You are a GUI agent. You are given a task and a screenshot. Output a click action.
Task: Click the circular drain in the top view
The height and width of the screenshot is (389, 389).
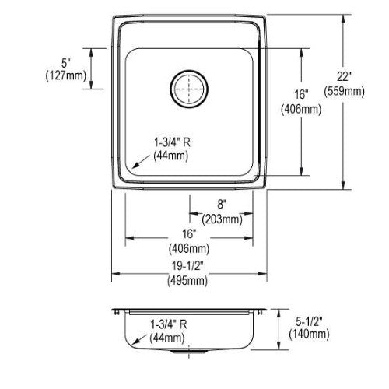[x=189, y=89]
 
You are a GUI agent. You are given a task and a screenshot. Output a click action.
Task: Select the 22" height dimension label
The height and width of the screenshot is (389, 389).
[x=344, y=77]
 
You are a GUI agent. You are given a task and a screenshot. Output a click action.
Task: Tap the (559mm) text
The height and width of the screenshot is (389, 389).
[x=344, y=92]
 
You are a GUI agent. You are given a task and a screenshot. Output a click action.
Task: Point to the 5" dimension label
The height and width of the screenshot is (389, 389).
[x=65, y=63]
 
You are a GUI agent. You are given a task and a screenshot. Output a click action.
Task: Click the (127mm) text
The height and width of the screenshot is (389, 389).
[x=66, y=76]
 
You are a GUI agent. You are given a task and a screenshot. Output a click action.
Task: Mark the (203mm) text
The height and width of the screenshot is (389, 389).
[x=223, y=219]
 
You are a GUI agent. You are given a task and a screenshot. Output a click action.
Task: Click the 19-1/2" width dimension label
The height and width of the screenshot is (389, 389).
[x=187, y=265]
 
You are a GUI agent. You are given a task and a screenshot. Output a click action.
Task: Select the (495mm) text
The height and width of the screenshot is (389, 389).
[x=187, y=281]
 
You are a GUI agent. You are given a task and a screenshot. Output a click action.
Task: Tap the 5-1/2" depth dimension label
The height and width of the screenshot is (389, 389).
[x=309, y=322]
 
